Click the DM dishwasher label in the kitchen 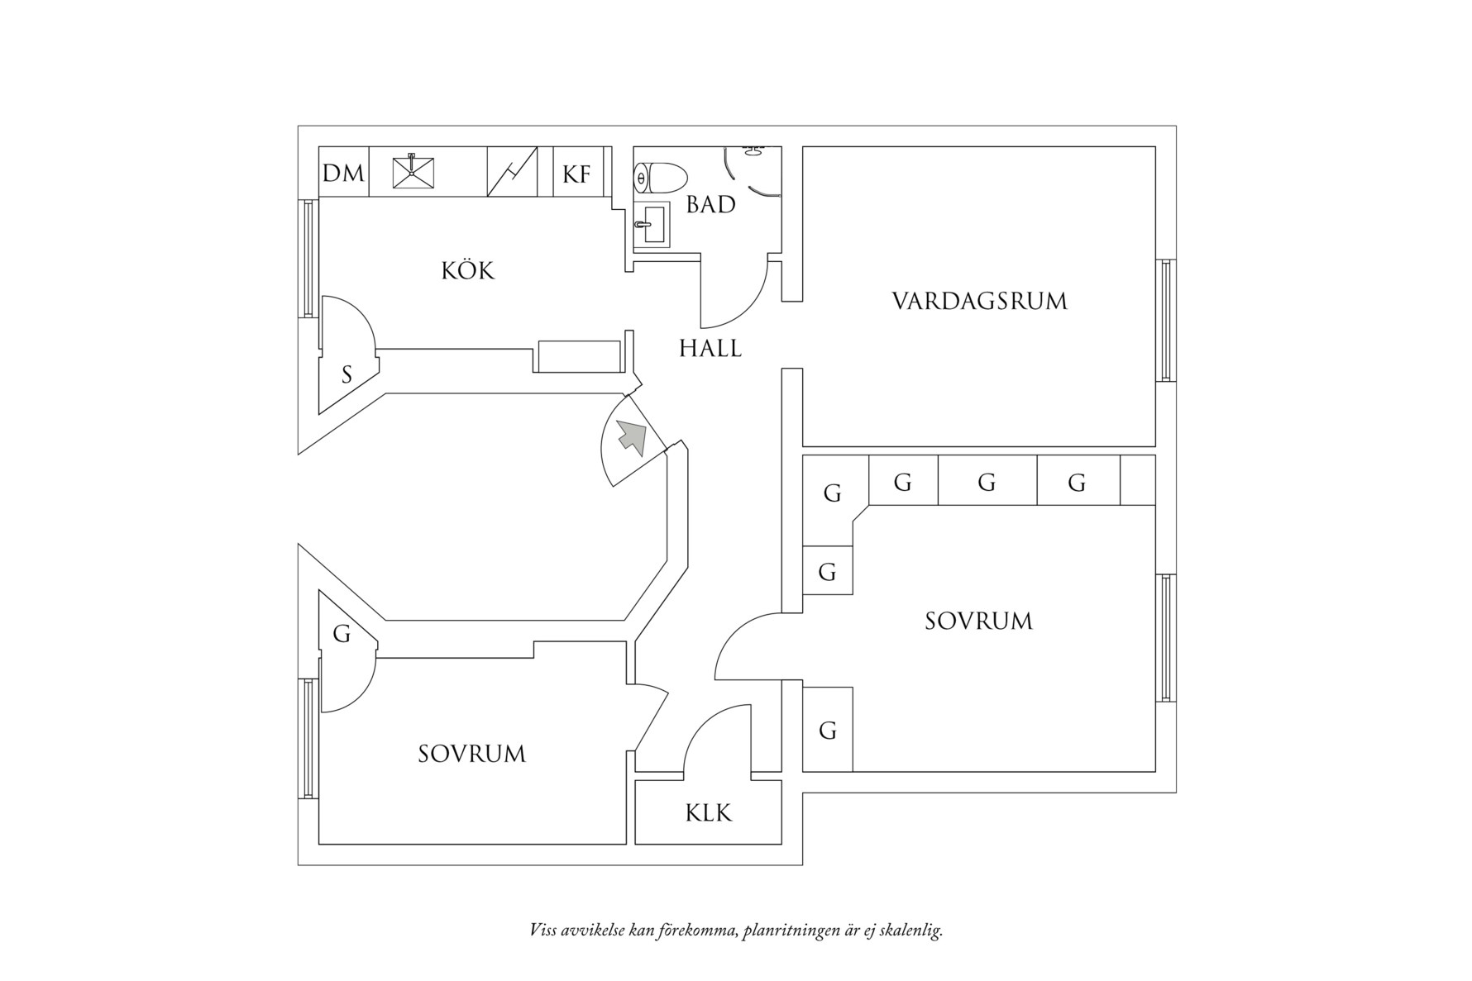[343, 174]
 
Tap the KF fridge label [576, 174]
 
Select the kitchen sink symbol [413, 172]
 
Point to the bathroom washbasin [653, 224]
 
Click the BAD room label [710, 204]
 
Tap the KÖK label [467, 270]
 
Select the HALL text [710, 349]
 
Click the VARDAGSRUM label [979, 301]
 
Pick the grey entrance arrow [632, 436]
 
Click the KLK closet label [709, 813]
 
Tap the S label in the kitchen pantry [346, 375]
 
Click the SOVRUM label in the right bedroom [978, 621]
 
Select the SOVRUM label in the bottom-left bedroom [471, 754]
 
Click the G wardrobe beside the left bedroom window [342, 634]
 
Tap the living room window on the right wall [1165, 320]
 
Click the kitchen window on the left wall [308, 258]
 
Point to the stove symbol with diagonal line [512, 172]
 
